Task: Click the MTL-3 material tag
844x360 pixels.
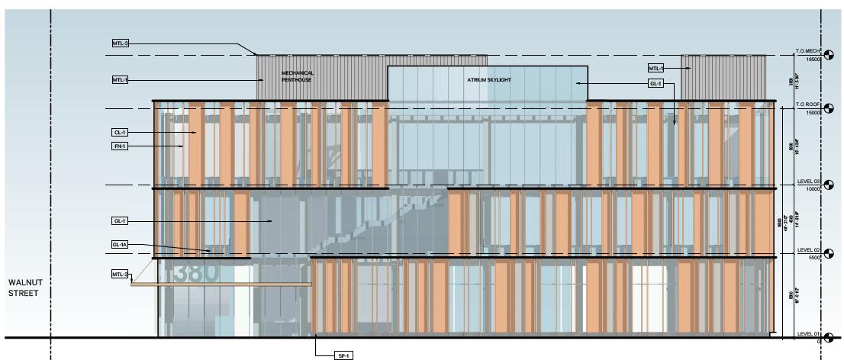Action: (121, 43)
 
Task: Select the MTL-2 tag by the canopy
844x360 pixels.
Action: (121, 275)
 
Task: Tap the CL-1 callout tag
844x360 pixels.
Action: (121, 132)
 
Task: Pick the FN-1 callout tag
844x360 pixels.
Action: (121, 146)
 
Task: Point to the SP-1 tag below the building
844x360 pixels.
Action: (344, 355)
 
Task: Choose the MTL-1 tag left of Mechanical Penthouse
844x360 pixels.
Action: (121, 79)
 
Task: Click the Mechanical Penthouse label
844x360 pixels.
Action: (298, 76)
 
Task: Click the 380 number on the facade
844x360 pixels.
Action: (196, 272)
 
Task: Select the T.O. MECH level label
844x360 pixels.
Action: (807, 50)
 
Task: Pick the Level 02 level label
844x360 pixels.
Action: (807, 250)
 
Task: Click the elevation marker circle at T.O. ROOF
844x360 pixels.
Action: (830, 109)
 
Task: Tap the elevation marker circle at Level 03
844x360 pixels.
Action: (830, 185)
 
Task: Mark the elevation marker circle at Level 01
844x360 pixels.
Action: (830, 337)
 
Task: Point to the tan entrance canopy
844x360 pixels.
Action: (221, 284)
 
